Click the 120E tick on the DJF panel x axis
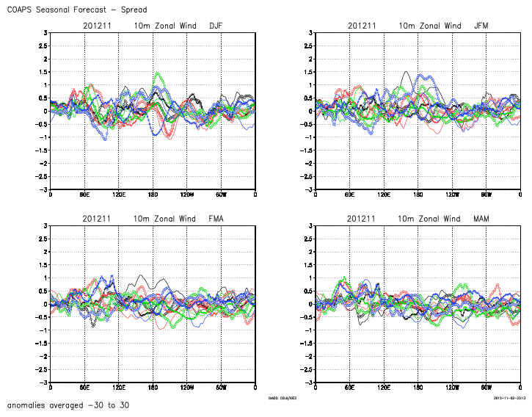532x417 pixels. coord(118,195)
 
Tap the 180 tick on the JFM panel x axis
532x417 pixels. coord(418,195)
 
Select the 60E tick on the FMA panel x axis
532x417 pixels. coord(84,388)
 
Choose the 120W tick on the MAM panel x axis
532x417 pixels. coord(452,388)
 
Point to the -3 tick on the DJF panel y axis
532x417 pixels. coord(45,189)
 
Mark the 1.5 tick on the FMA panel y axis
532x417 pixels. coord(43,265)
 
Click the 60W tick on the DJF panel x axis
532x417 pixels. coord(221,195)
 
